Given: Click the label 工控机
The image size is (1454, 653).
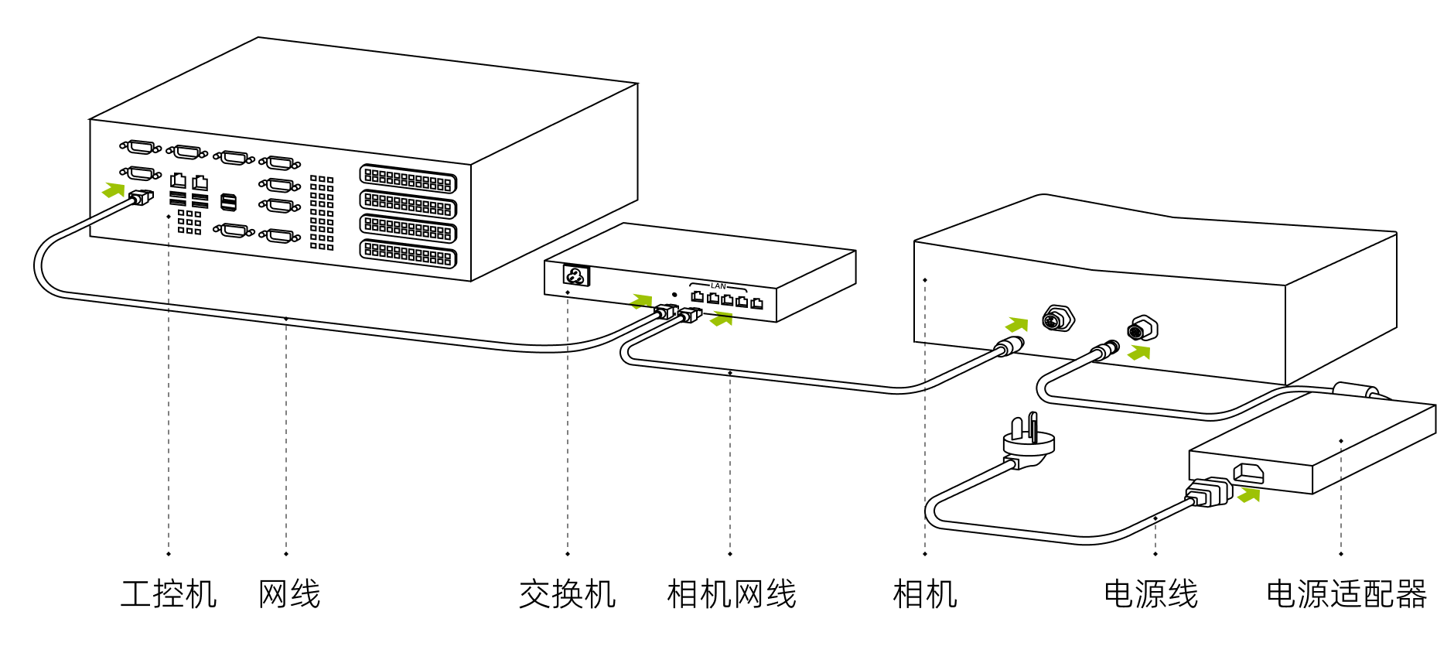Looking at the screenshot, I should (x=169, y=594).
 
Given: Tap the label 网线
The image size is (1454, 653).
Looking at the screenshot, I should (x=289, y=594).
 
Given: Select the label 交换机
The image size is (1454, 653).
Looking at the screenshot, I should (x=567, y=594).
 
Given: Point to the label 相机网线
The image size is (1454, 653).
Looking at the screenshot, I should (x=732, y=594).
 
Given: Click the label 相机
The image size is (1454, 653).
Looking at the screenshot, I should (x=925, y=594).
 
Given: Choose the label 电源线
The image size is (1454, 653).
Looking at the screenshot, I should (x=1151, y=594).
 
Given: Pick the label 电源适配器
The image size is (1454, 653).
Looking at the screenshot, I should (x=1346, y=594).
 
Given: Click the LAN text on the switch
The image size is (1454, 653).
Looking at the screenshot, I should (x=718, y=286).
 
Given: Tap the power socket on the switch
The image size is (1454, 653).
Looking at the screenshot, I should (x=576, y=275).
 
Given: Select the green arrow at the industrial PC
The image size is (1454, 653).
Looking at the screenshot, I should (x=114, y=190).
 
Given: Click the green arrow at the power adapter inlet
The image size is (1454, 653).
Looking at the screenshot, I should (x=1248, y=495).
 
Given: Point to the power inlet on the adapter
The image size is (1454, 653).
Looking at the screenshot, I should (x=1248, y=473).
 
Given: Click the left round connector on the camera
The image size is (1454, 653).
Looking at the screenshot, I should (x=1057, y=318).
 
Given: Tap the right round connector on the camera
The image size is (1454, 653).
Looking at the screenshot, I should (x=1142, y=329).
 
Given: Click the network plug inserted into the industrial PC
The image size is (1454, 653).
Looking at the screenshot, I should (x=142, y=197).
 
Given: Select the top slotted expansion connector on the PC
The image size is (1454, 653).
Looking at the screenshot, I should (x=408, y=179).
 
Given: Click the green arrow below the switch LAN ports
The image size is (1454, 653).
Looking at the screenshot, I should (x=722, y=318).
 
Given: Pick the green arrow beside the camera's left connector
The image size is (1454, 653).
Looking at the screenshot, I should (x=1016, y=325).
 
